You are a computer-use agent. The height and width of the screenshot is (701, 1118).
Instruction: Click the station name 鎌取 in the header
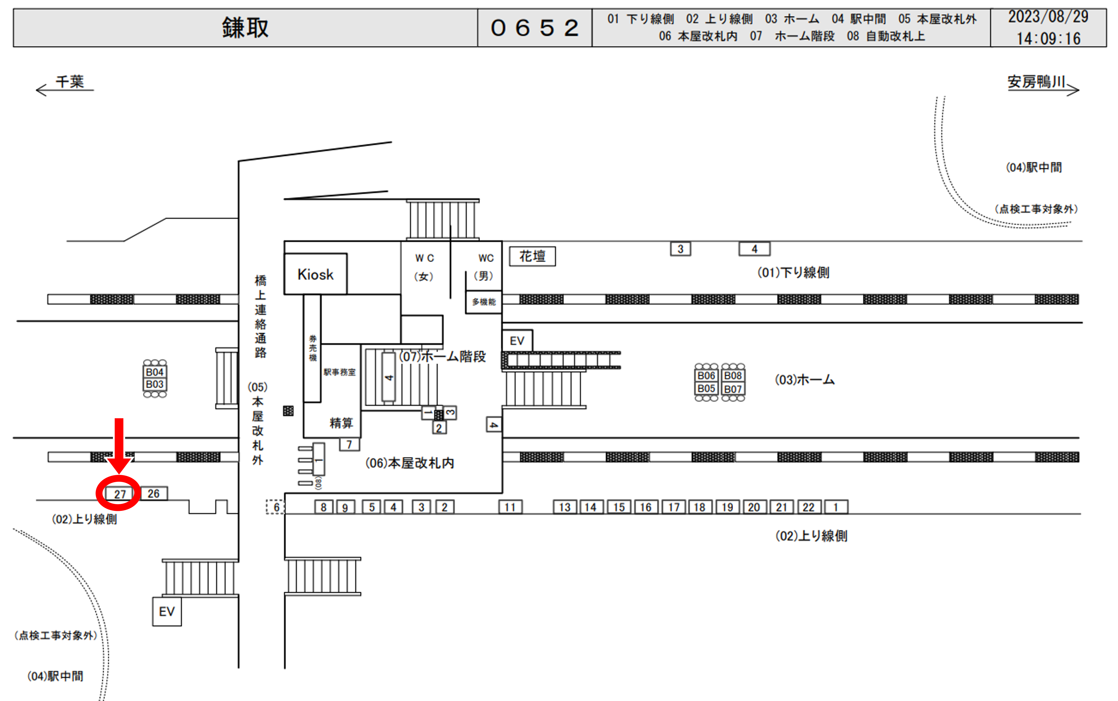(245, 28)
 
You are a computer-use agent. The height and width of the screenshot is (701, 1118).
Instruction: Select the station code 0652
(535, 28)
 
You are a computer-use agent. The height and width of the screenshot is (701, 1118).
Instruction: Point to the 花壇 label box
(532, 256)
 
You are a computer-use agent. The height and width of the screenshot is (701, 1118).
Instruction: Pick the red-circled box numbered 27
(120, 494)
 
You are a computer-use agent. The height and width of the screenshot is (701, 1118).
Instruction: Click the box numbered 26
(153, 493)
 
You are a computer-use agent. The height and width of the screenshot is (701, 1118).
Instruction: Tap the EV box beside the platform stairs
(517, 341)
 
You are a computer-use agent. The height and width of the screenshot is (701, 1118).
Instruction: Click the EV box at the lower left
(167, 611)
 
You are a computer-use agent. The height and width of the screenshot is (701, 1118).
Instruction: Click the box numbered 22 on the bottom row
(808, 507)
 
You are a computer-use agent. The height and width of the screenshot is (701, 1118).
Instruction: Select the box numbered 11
(510, 507)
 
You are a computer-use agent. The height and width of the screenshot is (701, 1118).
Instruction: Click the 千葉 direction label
(70, 82)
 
